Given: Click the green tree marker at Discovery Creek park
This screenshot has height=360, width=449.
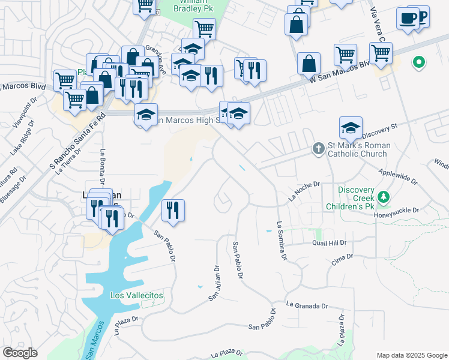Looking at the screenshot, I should (x=382, y=197).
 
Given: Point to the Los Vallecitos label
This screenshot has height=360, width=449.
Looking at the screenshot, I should (x=137, y=295).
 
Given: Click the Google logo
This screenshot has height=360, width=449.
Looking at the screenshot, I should (x=20, y=353).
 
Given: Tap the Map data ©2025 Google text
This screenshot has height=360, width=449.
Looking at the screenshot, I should (x=411, y=355).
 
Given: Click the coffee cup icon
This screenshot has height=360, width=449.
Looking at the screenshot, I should (x=408, y=17).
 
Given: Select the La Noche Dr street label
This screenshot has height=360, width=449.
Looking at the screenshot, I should (x=304, y=191).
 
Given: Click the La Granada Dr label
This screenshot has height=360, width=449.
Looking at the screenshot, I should (x=307, y=305).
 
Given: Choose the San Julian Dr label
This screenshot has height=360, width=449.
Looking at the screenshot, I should (x=214, y=283).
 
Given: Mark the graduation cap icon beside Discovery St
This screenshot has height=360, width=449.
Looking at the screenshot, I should (x=351, y=127).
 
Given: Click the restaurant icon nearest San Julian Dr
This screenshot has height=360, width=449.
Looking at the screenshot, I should (x=173, y=210).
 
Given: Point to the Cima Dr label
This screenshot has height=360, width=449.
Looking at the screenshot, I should (x=342, y=259).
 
